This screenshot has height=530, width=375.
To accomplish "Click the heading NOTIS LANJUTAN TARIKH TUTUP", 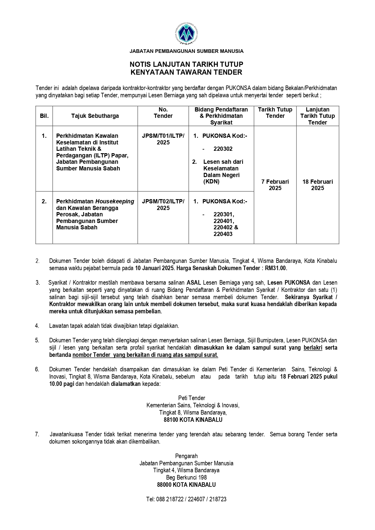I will [186, 64].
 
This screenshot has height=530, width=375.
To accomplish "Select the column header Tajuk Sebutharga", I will [95, 116].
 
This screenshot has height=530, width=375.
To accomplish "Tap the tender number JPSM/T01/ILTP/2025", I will [163, 139].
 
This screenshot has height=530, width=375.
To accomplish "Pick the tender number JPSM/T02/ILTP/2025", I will [163, 205].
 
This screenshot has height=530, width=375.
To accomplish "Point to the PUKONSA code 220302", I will [223, 149].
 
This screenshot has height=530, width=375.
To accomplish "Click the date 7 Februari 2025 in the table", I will [275, 185].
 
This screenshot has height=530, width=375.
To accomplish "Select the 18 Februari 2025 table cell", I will [318, 185].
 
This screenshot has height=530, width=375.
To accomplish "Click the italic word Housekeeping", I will [115, 202].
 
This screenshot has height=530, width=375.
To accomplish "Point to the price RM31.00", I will [276, 268].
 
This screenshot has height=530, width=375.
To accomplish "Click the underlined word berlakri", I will [313, 347].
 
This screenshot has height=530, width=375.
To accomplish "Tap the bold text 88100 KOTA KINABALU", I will [193, 420].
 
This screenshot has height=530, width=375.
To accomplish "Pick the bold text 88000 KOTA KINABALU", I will [186, 485].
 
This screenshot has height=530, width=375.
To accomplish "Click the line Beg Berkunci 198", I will [186, 477].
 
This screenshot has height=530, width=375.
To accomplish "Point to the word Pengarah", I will [186, 456].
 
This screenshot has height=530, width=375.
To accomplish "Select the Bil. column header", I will [44, 116].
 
